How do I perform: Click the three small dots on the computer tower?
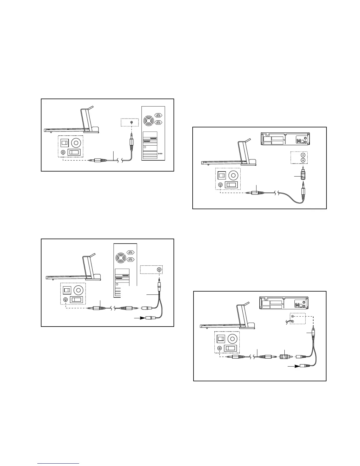click(160, 154)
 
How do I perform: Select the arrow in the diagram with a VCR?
click(293, 367)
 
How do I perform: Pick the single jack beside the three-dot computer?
click(131, 122)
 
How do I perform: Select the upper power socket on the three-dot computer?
click(159, 115)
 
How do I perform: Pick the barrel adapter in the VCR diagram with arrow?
click(284, 357)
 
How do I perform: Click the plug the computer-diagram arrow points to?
click(152, 318)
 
